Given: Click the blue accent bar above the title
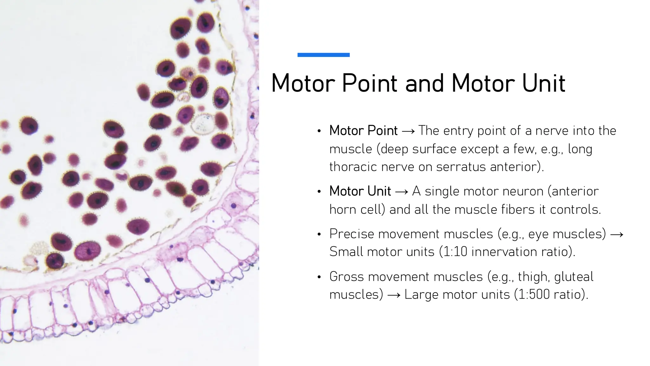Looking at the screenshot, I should (323, 55).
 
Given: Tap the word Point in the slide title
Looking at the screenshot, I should (370, 83).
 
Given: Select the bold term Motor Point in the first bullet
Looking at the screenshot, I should (363, 131).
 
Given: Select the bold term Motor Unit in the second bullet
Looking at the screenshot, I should (360, 191).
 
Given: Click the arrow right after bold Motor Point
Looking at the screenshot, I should (408, 131).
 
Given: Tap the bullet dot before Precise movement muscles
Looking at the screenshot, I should (319, 234).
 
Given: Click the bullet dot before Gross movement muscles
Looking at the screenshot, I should (319, 277).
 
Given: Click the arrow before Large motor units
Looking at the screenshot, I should (394, 295).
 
